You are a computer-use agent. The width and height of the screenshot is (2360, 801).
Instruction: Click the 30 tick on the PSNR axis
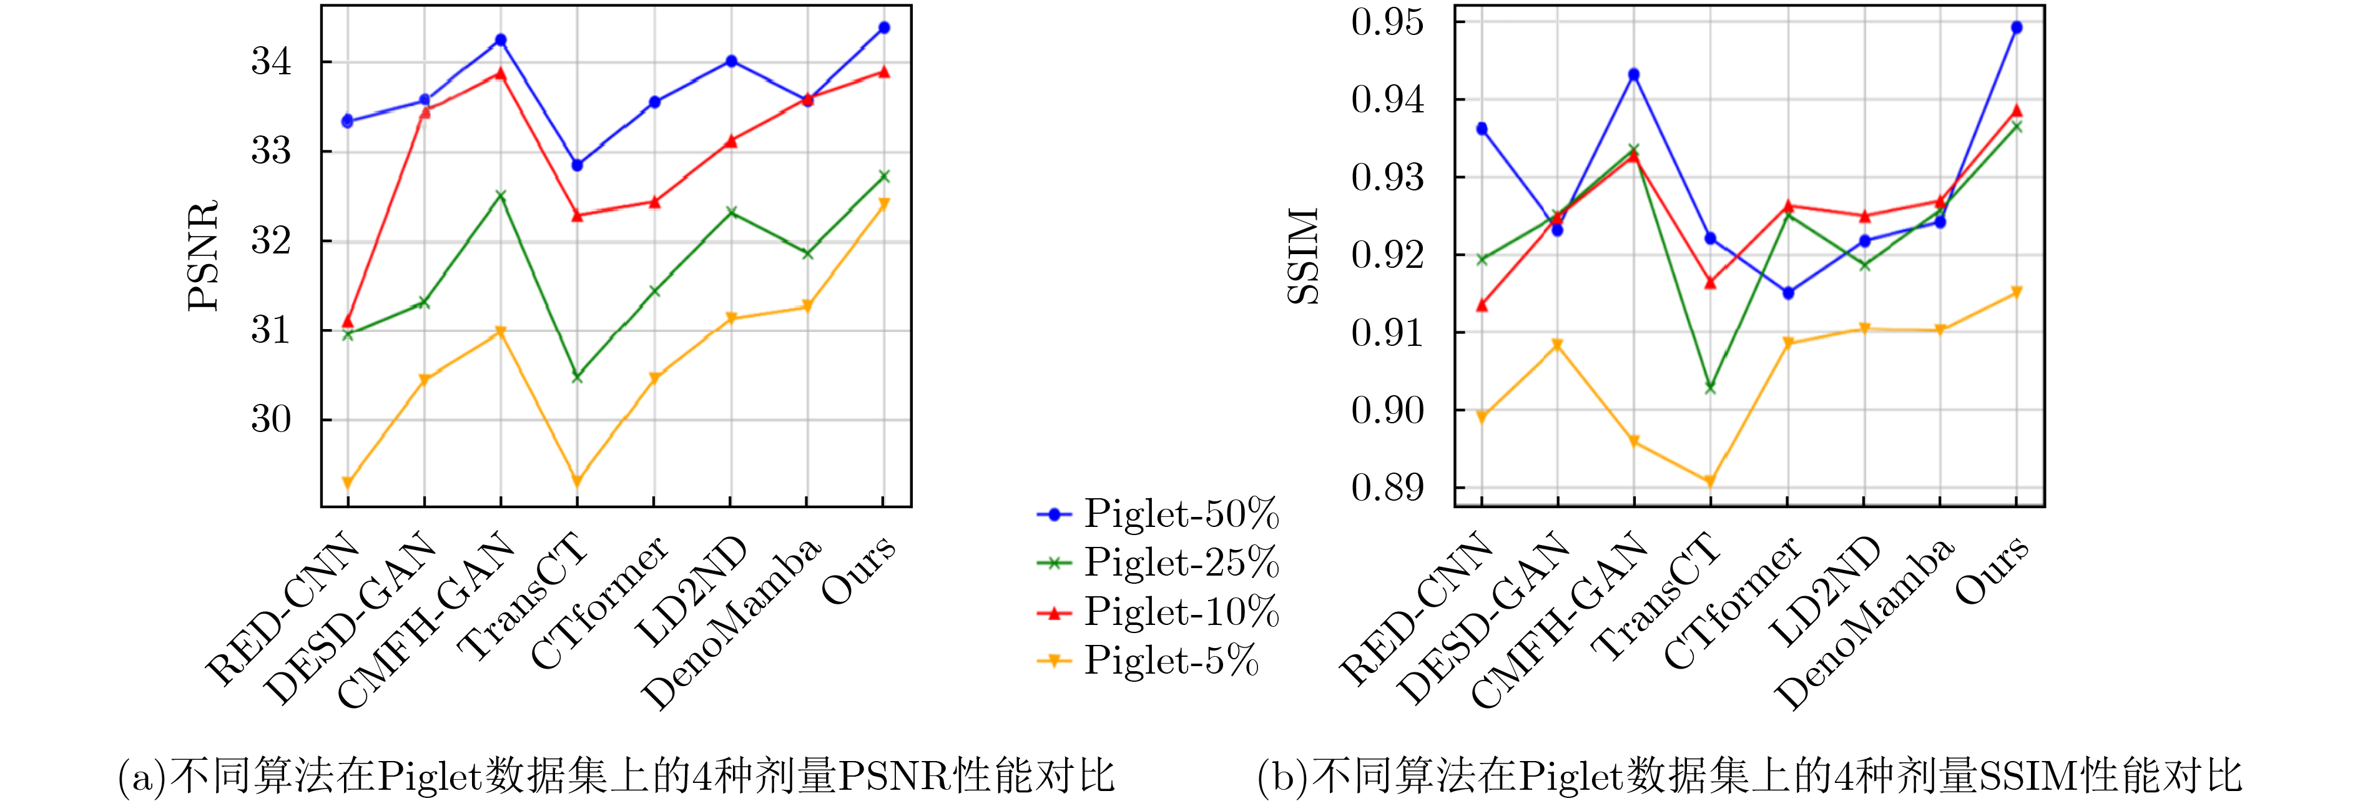click(x=271, y=420)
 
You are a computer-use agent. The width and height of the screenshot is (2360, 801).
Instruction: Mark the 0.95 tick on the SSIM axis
click(x=1388, y=22)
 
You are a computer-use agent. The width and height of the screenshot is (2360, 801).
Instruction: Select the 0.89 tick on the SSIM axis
click(x=1388, y=488)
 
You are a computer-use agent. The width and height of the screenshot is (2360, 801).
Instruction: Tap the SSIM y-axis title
click(x=1303, y=256)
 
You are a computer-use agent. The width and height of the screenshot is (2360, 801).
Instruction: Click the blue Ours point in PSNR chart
click(x=884, y=27)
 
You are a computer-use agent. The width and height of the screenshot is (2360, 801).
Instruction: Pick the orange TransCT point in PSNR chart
click(x=577, y=481)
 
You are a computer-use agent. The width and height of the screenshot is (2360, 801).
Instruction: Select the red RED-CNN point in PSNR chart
click(x=347, y=322)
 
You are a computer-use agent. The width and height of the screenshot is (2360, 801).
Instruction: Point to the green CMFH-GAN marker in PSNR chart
click(x=500, y=195)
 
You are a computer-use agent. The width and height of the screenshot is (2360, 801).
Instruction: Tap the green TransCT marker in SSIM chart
click(x=1709, y=388)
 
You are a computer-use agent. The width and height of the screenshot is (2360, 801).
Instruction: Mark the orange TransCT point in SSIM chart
click(x=1709, y=481)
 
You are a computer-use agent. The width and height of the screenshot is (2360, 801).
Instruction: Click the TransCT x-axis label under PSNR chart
click(x=524, y=597)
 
